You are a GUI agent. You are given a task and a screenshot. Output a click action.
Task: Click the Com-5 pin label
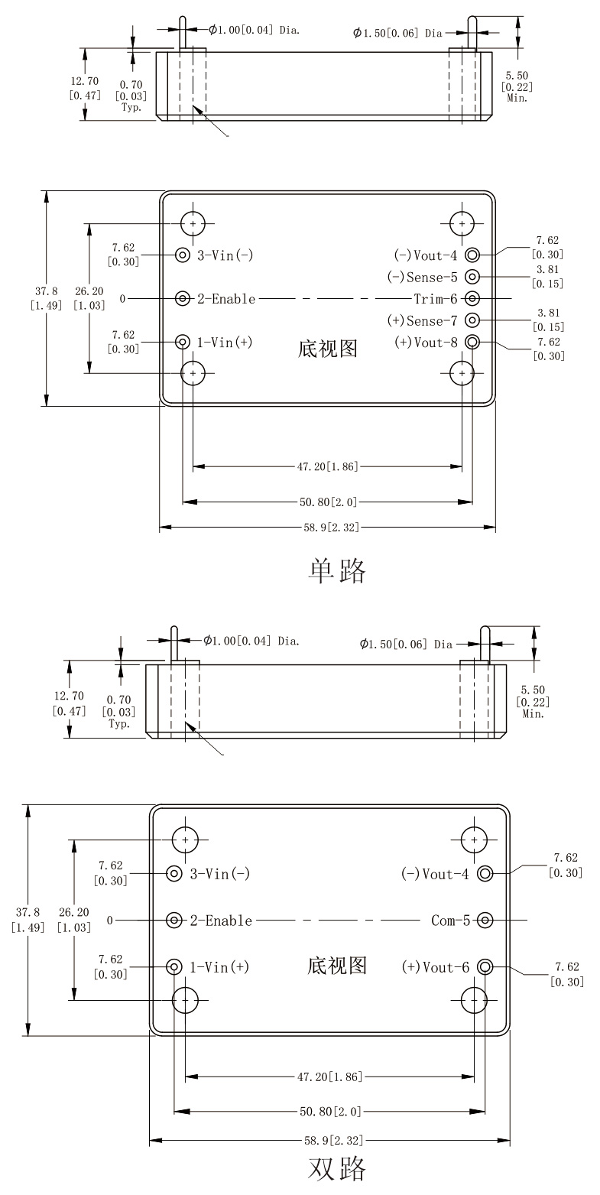coord(451,921)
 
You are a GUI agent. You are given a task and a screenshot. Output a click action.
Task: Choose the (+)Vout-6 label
coord(436,967)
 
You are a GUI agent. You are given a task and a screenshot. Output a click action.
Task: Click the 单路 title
coord(336,570)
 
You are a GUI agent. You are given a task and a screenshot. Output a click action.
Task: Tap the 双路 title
coord(336,1168)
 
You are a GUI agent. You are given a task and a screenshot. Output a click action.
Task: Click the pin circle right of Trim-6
coord(472,298)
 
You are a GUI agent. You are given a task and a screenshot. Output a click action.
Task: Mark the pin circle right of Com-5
coord(484,921)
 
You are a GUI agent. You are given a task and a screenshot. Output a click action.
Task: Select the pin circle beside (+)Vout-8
coord(472,342)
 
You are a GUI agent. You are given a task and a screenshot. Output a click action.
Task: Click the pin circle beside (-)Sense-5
coord(472,277)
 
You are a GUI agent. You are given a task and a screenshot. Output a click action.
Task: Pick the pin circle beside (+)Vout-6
coord(484,967)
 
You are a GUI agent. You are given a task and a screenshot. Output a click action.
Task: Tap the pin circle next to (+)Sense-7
coord(472,320)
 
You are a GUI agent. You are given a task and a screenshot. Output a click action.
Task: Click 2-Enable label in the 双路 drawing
coord(221,921)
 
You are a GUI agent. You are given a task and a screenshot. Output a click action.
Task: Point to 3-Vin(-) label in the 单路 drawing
coord(225,255)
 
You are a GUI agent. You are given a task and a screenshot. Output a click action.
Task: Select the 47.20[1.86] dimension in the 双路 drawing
coord(329,1076)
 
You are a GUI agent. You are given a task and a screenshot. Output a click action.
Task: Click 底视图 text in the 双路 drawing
coord(337,966)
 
